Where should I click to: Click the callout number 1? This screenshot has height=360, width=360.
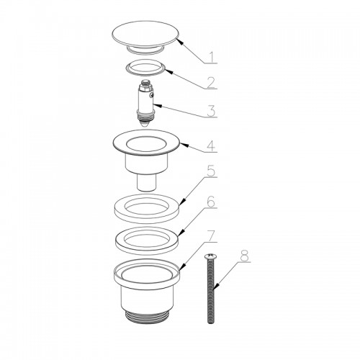[x=212, y=57]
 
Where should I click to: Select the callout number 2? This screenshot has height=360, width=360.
[x=211, y=83]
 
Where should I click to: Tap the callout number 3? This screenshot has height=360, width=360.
[x=211, y=111]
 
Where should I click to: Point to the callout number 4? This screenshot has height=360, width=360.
[x=211, y=146]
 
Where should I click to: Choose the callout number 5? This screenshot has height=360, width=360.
[x=211, y=171]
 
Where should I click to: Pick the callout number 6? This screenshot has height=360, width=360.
[x=211, y=202]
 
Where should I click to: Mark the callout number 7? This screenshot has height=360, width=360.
[x=211, y=236]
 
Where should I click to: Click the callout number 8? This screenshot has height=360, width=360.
[x=245, y=256]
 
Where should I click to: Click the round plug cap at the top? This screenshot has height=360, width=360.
[x=145, y=37]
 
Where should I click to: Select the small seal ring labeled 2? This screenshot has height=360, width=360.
[x=145, y=68]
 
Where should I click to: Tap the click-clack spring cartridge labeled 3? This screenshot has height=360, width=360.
[x=145, y=102]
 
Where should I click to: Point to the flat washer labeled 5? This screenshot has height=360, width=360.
[x=146, y=208]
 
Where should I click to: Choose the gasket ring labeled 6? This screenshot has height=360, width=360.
[x=147, y=240]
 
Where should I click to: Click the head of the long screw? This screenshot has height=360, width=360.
[x=210, y=257]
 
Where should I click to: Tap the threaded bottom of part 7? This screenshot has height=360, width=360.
[x=147, y=317]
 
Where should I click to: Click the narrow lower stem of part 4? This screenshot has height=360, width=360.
[x=147, y=182]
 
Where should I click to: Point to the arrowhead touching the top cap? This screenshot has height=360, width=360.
[x=180, y=41]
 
